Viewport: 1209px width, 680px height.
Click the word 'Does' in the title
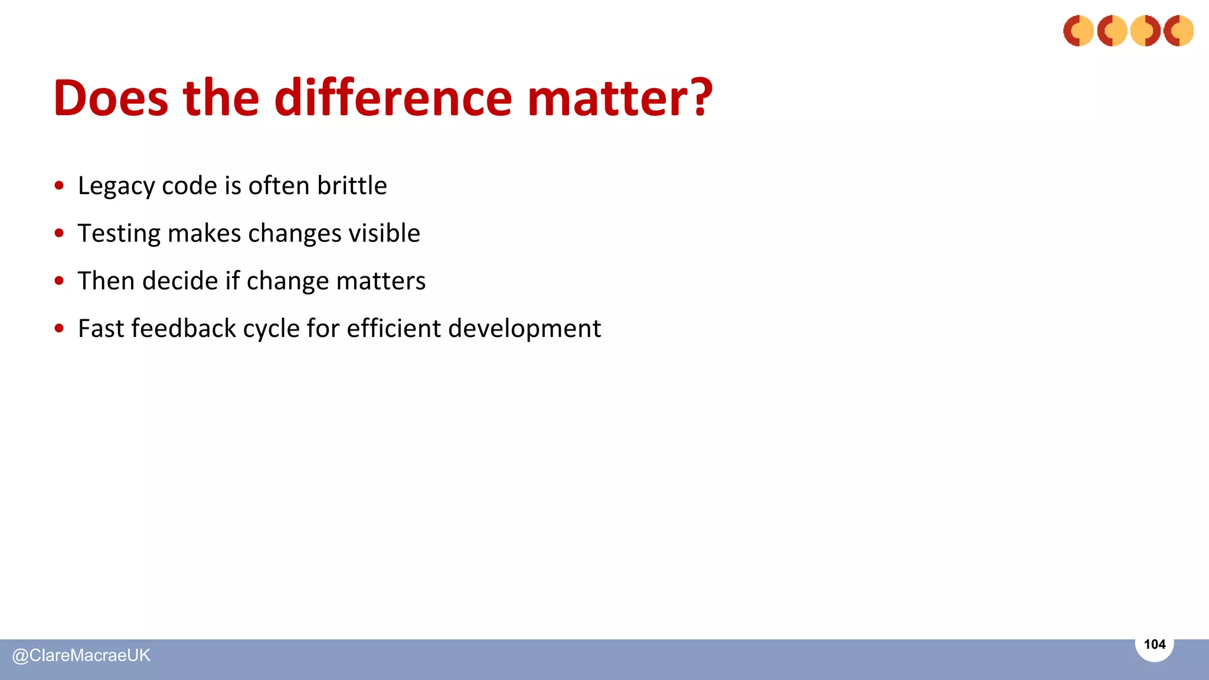click(x=110, y=98)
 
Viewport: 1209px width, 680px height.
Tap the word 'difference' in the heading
click(x=393, y=98)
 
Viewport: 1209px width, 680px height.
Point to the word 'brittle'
click(x=352, y=186)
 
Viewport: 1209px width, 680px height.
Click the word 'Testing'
click(x=119, y=234)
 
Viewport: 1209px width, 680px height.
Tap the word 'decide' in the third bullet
click(x=180, y=281)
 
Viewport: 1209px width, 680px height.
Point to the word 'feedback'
click(x=183, y=328)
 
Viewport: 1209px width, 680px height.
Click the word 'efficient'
click(x=393, y=328)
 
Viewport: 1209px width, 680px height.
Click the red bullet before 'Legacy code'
click(x=59, y=186)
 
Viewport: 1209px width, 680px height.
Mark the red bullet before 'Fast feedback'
click(x=59, y=328)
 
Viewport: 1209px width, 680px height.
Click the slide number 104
click(x=1154, y=645)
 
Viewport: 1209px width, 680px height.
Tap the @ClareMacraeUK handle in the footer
click(x=81, y=656)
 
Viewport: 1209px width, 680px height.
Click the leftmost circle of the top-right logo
click(x=1079, y=31)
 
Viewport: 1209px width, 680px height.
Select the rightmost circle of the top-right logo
click(x=1178, y=31)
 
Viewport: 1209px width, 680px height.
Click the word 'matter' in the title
click(x=607, y=98)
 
